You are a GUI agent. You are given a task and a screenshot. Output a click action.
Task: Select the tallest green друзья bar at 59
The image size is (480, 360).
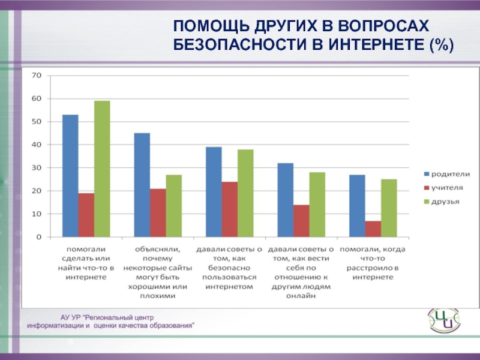coord(102,169)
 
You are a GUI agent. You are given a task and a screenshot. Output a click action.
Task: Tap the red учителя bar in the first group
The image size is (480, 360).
coord(86,215)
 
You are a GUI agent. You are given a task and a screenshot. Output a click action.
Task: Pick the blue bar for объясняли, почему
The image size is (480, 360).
coord(142,185)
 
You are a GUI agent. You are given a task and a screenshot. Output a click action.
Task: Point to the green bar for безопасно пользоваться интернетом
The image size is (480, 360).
coord(245,193)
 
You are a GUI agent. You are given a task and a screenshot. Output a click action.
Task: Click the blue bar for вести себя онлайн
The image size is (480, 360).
coord(285,200)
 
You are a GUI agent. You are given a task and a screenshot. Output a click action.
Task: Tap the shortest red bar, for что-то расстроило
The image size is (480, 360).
coord(373,229)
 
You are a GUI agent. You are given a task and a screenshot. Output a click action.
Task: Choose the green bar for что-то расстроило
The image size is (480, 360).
coord(389,208)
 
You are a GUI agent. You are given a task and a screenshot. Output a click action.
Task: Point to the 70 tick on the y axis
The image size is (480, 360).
coord(37,76)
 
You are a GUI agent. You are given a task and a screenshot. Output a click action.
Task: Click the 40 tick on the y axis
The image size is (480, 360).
coord(37,145)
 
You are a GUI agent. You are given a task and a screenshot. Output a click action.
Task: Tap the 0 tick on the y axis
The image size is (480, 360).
coord(38,236)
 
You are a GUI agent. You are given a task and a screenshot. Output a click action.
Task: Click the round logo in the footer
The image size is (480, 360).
coord(443,319)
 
